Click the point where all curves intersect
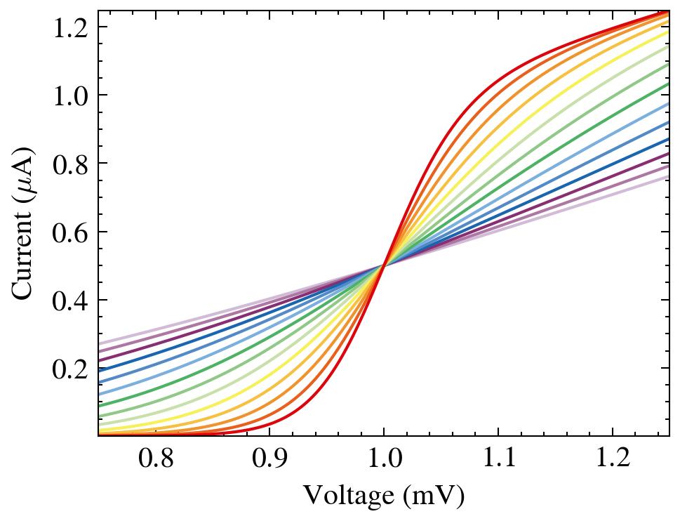click(384, 265)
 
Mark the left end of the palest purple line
click(100, 344)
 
